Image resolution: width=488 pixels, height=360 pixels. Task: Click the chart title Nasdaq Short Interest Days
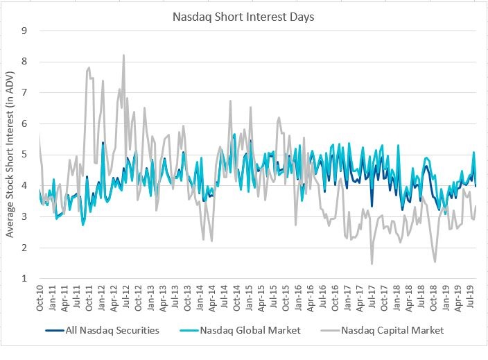point(243,15)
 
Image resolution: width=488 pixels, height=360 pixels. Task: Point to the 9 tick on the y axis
point(26,31)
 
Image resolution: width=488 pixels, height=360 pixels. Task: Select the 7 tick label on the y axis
point(26,92)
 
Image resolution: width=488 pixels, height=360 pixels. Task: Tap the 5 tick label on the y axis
point(26,155)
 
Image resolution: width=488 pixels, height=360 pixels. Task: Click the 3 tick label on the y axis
point(26,216)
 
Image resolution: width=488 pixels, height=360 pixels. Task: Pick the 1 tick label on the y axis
point(26,278)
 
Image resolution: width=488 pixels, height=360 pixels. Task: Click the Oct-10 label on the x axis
point(40,297)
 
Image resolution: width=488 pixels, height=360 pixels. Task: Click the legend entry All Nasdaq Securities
point(113,330)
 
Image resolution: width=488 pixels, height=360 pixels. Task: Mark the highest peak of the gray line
point(123,55)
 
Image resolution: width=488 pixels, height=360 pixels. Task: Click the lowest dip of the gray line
point(372,264)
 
